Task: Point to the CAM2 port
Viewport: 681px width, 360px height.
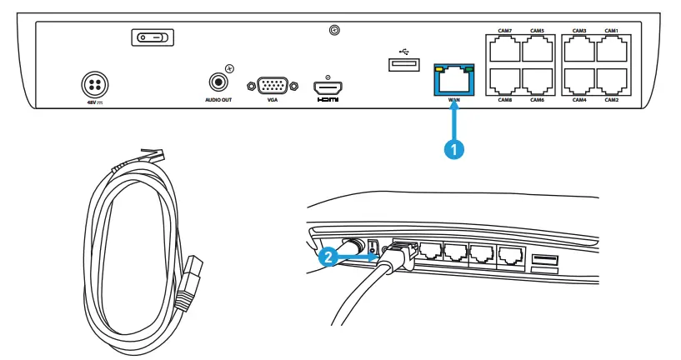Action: click(612, 80)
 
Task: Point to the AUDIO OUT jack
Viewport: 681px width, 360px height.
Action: click(219, 82)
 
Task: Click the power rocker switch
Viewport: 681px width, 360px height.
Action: click(151, 37)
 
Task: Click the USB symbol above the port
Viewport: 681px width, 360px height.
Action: click(403, 48)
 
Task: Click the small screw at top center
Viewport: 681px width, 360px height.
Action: click(333, 31)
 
